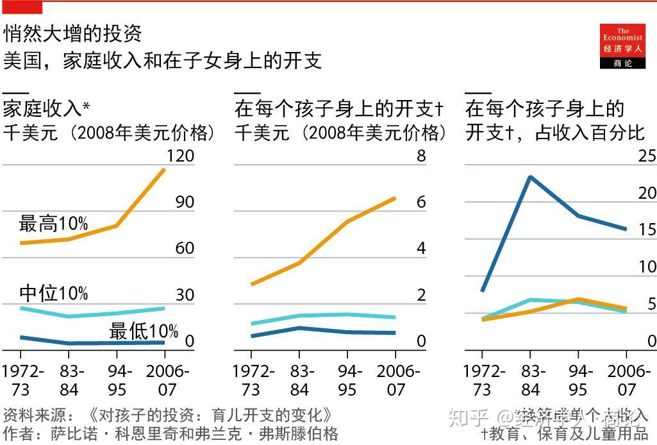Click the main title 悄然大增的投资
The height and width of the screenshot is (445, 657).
(72, 33)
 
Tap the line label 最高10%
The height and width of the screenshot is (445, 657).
(53, 224)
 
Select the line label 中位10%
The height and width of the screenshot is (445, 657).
(53, 293)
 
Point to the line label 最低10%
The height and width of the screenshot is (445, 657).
(144, 332)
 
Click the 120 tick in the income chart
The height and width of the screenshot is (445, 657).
(180, 156)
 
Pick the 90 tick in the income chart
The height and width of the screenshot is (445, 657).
(185, 202)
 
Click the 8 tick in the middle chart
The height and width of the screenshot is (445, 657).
(421, 156)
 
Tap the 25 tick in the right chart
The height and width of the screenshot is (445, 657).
(647, 156)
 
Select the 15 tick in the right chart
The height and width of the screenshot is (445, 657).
(647, 230)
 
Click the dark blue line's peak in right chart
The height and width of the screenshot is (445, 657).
(530, 176)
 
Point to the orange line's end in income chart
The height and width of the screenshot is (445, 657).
(165, 169)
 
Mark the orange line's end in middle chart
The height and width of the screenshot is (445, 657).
(395, 198)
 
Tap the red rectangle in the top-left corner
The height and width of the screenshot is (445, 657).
(22, 7)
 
